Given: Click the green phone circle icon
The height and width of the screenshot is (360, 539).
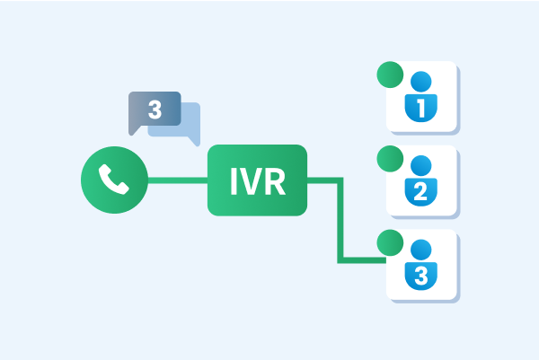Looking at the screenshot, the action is coord(114,180).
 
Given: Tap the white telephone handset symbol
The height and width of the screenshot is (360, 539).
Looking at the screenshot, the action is coord(114,180).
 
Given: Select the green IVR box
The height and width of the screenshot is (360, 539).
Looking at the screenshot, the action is coord(257,180).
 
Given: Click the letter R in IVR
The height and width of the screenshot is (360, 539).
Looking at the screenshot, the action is coord(275,181).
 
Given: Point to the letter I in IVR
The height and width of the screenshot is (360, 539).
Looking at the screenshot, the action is coord(234,181).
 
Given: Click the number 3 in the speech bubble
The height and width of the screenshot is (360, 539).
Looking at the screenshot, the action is coord(155,110).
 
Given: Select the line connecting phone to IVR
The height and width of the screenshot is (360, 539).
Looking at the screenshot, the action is coord(178,180).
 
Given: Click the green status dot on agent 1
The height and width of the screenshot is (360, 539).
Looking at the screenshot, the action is coord(390,75).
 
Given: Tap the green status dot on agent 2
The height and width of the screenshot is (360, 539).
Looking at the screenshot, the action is coord(390,159).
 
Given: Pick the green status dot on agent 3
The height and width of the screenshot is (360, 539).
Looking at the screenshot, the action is coord(390,242).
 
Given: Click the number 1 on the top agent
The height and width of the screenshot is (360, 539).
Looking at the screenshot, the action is coord(421,108).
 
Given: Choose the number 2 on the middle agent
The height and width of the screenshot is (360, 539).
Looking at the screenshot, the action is coord(420,191).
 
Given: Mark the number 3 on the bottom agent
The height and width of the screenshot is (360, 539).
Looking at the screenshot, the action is coord(420,276).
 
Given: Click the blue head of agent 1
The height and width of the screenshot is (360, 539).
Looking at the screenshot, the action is coord(421,82).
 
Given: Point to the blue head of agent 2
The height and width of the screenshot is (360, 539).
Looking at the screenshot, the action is coord(421,165).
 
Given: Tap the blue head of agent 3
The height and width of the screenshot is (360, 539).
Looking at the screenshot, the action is coord(421,250).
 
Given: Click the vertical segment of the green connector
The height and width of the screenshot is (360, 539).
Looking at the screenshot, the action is coord(340,220).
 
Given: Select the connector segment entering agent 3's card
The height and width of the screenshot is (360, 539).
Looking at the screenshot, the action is coord(362,260).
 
